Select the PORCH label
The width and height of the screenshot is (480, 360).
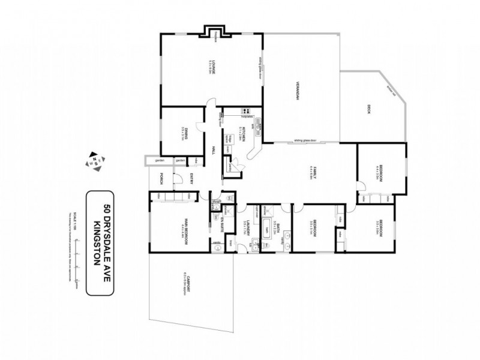coord(162,178)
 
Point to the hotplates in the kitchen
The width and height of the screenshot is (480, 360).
coord(245,110)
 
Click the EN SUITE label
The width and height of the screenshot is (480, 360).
coord(220,225)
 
